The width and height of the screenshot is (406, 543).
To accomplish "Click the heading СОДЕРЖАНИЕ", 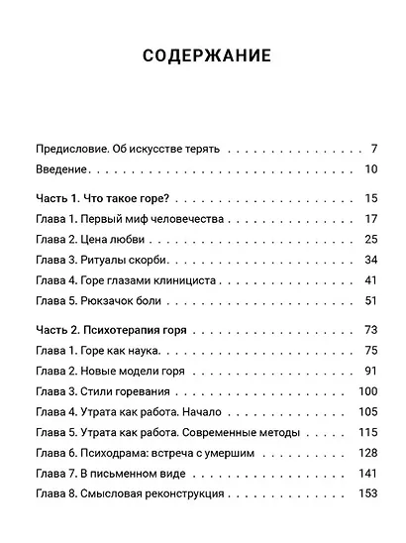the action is (202, 56).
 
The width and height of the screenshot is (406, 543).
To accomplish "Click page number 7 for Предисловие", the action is (374, 149).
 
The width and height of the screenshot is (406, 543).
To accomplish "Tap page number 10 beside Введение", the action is (371, 169).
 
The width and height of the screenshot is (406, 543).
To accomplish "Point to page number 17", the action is (371, 219).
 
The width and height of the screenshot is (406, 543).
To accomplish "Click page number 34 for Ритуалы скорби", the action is (371, 260).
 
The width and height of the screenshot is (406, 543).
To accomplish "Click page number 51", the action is (371, 300).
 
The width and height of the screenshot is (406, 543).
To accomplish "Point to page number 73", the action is (371, 330).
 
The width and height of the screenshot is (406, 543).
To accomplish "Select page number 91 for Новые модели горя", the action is (371, 371).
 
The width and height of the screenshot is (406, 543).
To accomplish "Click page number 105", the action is (368, 411).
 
